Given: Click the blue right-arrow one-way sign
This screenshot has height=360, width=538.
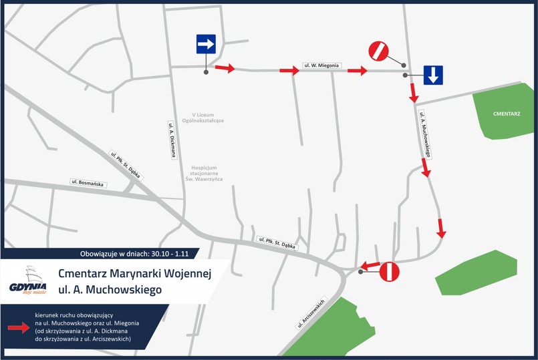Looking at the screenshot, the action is pos(206,45).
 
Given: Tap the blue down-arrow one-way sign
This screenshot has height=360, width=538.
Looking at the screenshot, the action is pos(432,75).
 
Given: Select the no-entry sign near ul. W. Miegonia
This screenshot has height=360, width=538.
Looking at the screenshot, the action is pos(378,51).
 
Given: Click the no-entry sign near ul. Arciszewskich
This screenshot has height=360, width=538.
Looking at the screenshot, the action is pos(390,271).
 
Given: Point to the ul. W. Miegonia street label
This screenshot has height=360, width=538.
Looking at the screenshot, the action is pos(323,65).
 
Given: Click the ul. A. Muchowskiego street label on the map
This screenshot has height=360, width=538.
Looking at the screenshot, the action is pos(426,134).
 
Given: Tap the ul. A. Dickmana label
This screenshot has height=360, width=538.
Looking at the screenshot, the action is pos(172,139).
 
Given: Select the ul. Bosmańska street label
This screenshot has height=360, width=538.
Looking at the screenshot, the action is pos(88,182).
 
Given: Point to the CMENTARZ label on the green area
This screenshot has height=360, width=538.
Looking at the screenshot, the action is pos(507,114).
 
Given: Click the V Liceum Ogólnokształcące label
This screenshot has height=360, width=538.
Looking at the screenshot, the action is pos(206,118).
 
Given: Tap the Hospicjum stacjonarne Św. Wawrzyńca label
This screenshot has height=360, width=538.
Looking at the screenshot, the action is pos(207,173).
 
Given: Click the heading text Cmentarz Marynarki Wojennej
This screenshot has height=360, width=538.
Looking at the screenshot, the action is pos(134,274).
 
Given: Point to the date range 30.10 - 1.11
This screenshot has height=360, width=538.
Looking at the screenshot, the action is pos(171,254).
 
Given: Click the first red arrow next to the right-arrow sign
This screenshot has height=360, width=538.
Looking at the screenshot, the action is pos(226,68).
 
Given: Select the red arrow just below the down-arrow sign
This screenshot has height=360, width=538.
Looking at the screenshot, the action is pos(413,93).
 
